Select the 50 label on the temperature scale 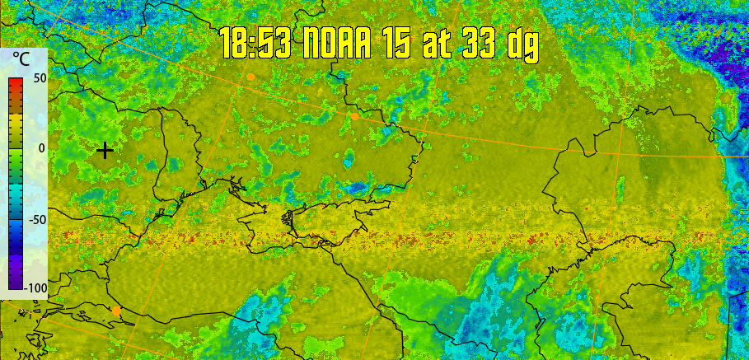[39, 77]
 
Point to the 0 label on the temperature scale [41, 148]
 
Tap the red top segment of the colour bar [16, 82]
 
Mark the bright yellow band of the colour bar [16, 124]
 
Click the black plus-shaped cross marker [105, 150]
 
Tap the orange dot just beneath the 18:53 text [250, 77]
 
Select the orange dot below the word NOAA [354, 116]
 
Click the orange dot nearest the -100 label [117, 311]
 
